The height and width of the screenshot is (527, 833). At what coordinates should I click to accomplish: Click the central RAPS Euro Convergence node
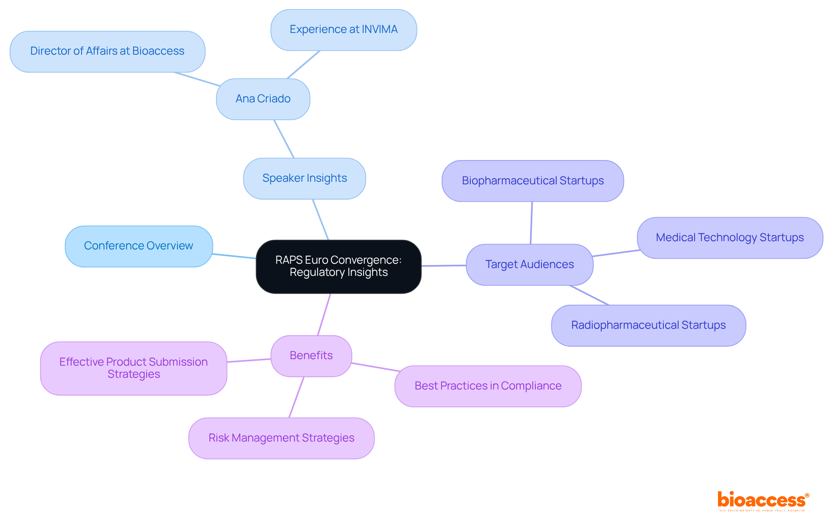coord(338,266)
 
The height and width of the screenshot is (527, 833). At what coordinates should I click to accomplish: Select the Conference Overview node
coord(139,246)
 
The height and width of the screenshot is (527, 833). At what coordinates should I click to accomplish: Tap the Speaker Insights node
coord(305,178)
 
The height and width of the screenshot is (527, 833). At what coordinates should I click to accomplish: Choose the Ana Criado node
coord(263,99)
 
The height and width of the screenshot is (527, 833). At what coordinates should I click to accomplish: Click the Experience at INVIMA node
coord(344,30)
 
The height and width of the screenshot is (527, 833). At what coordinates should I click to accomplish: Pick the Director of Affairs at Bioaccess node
coord(107,51)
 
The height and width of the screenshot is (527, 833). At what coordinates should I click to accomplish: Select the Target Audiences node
coord(529,265)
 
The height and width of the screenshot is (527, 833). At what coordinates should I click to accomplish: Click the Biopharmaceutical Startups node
coord(533,181)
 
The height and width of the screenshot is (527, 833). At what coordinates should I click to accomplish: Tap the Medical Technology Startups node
coord(730,238)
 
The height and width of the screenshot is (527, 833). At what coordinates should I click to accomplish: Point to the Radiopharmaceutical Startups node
coord(648,325)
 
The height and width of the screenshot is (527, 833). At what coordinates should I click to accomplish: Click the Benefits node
coord(311,356)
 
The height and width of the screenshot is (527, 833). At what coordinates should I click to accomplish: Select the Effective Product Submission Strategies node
coord(134,368)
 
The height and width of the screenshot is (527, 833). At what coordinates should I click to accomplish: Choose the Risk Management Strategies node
coord(281,438)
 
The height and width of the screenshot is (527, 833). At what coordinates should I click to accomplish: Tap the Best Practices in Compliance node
coord(488,386)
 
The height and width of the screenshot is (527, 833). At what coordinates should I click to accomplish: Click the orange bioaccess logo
coord(763,501)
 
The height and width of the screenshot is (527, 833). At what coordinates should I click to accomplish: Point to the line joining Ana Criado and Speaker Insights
coord(284,139)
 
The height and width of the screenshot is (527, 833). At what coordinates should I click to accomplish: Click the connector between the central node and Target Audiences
coord(443,265)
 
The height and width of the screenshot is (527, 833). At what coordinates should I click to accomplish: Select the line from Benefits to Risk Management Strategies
coord(296,397)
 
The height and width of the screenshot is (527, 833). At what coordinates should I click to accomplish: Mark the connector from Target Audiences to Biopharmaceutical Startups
coord(531,223)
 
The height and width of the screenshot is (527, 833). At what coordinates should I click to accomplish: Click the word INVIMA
coord(380,29)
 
